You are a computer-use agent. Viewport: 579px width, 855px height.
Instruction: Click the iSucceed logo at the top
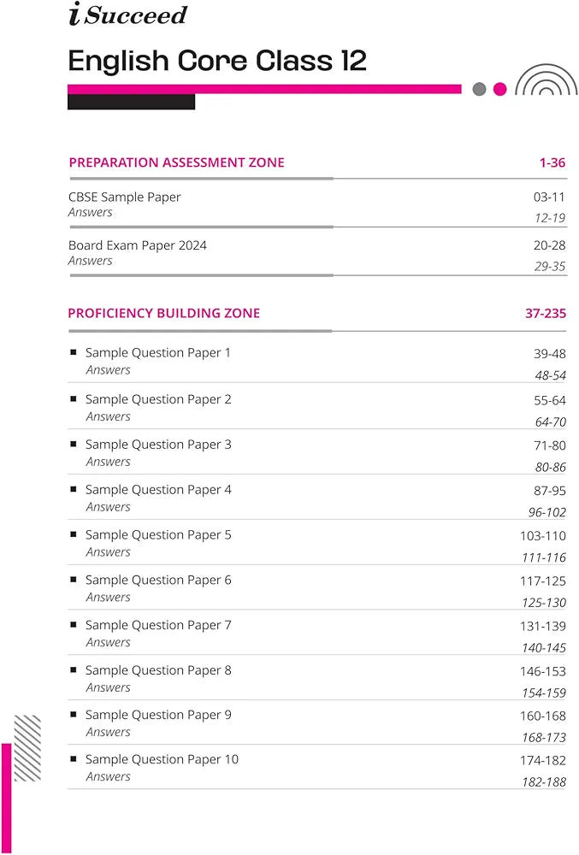point(127,15)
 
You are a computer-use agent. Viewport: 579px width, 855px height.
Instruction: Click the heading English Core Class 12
point(217,61)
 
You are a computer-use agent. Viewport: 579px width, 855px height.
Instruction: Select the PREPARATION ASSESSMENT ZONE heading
point(176,162)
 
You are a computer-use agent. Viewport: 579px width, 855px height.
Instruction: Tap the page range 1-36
point(552,162)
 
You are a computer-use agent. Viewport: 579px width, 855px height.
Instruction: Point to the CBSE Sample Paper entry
point(125,198)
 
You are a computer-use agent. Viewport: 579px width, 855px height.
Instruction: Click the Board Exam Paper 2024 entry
point(138,245)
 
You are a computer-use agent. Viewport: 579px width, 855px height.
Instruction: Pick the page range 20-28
point(549,246)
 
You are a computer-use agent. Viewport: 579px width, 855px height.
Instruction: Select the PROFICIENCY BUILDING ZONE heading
point(164,313)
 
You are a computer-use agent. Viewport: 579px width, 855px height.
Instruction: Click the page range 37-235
point(546,314)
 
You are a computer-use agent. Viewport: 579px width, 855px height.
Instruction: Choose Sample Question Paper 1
point(158,353)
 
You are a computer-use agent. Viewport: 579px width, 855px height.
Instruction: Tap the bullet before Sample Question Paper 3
point(74,445)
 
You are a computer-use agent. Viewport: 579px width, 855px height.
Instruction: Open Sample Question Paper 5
point(158,535)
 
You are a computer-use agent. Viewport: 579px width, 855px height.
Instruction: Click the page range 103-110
point(543,536)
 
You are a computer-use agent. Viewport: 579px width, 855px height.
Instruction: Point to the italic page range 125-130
point(544,603)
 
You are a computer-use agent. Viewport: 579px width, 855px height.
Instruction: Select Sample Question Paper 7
point(158,626)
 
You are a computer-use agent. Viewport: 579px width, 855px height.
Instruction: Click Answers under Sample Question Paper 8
point(108,687)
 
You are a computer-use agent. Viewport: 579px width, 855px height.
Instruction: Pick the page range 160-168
point(543,716)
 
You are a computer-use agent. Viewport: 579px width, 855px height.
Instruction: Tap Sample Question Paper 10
point(162,760)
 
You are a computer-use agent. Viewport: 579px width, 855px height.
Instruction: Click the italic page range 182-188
point(544,782)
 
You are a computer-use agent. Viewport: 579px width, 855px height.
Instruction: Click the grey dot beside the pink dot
point(479,89)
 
